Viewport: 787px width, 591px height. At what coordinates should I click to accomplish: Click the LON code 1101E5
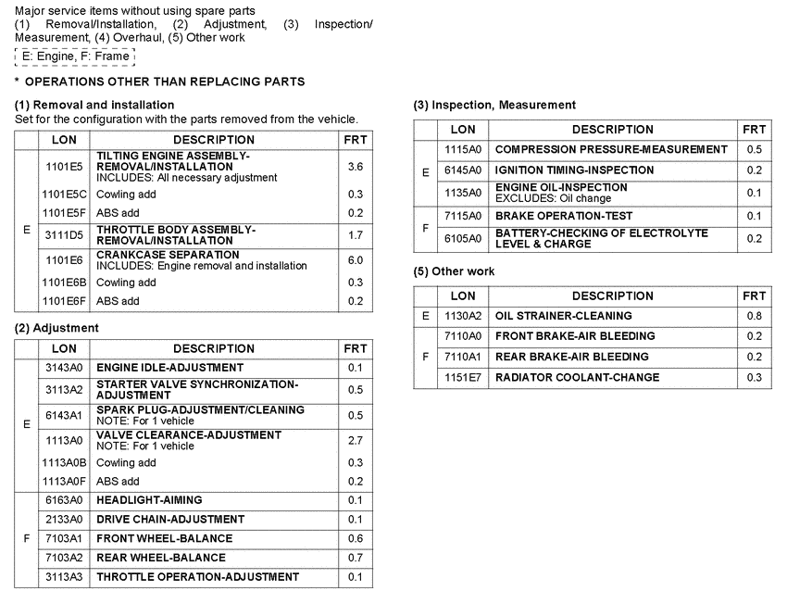[x=64, y=167]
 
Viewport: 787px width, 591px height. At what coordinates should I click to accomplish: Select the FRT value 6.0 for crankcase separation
[x=355, y=260]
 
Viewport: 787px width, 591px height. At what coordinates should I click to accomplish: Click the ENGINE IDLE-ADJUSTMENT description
[x=163, y=368]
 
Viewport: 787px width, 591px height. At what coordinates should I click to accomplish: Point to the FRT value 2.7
[x=355, y=440]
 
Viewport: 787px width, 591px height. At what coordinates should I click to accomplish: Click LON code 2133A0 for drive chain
[x=64, y=520]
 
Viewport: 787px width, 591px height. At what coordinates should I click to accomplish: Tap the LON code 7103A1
[x=64, y=538]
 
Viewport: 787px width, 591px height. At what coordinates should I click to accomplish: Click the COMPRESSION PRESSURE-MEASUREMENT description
[x=611, y=149]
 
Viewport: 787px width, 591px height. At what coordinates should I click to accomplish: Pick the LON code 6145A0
[x=463, y=170]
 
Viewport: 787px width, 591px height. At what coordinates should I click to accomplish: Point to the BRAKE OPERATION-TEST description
[x=564, y=216]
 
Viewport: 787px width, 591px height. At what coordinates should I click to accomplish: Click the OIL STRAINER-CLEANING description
[x=564, y=316]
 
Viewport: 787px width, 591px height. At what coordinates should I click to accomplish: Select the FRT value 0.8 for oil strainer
[x=754, y=316]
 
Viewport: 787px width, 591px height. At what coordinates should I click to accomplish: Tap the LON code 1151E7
[x=463, y=377]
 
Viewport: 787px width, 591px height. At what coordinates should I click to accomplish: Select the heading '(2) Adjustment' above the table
[x=56, y=328]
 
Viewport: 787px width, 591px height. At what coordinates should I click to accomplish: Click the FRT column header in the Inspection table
[x=754, y=130]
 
